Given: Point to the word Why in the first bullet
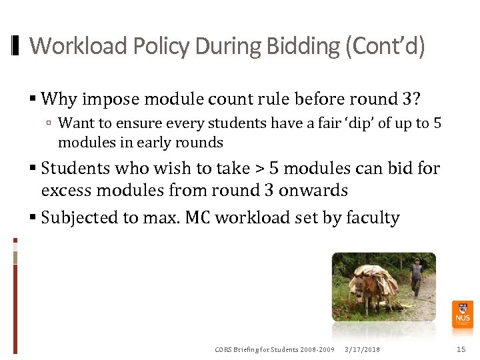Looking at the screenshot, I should click(59, 99).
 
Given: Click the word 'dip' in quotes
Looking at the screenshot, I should click(363, 123).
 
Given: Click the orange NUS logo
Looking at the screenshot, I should click(462, 314).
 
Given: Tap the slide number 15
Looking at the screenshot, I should click(461, 349).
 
